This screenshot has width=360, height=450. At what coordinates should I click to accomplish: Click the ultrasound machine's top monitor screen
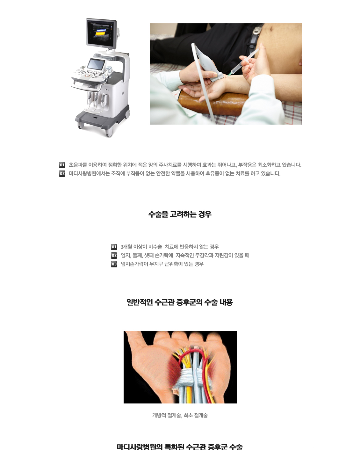pyautogui.click(x=101, y=33)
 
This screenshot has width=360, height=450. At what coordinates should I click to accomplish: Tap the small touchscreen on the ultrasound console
pyautogui.click(x=97, y=64)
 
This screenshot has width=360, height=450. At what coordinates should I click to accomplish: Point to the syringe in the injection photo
pyautogui.click(x=242, y=63)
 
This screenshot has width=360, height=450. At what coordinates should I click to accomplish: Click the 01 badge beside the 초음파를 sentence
pyautogui.click(x=62, y=165)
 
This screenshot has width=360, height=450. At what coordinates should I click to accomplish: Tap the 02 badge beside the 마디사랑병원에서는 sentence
pyautogui.click(x=62, y=174)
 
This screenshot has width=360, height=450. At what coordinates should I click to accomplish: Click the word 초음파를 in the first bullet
pyautogui.click(x=78, y=165)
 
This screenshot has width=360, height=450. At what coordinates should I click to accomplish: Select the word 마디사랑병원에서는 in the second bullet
pyautogui.click(x=89, y=174)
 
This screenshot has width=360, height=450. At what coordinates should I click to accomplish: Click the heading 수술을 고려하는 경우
pyautogui.click(x=180, y=214)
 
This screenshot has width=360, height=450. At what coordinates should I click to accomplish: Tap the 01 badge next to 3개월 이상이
pyautogui.click(x=114, y=247)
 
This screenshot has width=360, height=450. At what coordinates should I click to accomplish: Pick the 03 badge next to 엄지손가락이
pyautogui.click(x=114, y=264)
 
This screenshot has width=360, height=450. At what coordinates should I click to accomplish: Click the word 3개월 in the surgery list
pyautogui.click(x=126, y=247)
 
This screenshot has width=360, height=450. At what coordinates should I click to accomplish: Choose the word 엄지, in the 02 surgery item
pyautogui.click(x=126, y=255)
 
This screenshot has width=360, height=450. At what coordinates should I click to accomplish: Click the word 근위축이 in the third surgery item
pyautogui.click(x=173, y=264)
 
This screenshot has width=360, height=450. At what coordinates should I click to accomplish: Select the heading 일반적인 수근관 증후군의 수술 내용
pyautogui.click(x=180, y=302)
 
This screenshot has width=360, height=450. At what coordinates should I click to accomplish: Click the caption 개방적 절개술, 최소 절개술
pyautogui.click(x=180, y=415)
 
